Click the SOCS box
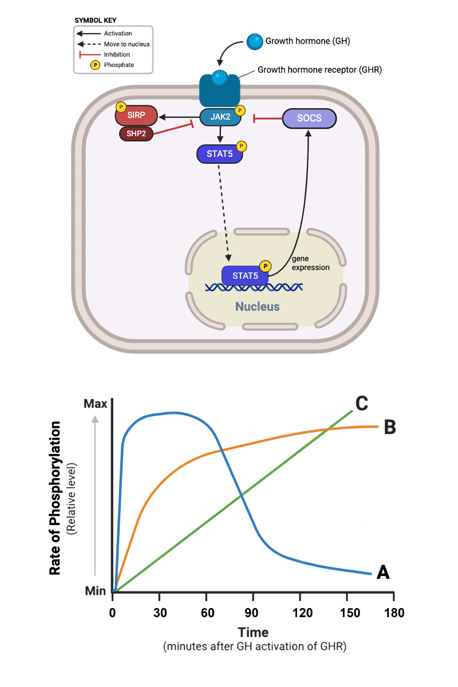click(x=309, y=119)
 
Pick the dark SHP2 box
click(x=137, y=133)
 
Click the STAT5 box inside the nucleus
click(x=245, y=276)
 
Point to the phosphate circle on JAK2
click(x=240, y=110)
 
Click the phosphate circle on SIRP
click(x=121, y=107)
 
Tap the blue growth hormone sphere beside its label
click(x=254, y=41)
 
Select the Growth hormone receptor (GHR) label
click(x=319, y=70)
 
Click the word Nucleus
click(x=258, y=307)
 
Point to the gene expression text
click(x=310, y=263)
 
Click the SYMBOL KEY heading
click(x=96, y=20)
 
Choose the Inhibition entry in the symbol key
click(x=117, y=54)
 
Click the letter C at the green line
click(x=361, y=402)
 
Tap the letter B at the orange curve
click(x=390, y=427)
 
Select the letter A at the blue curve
click(x=383, y=571)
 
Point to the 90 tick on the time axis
click(x=252, y=612)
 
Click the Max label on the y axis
click(x=95, y=404)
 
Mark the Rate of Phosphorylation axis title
click(x=56, y=498)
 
